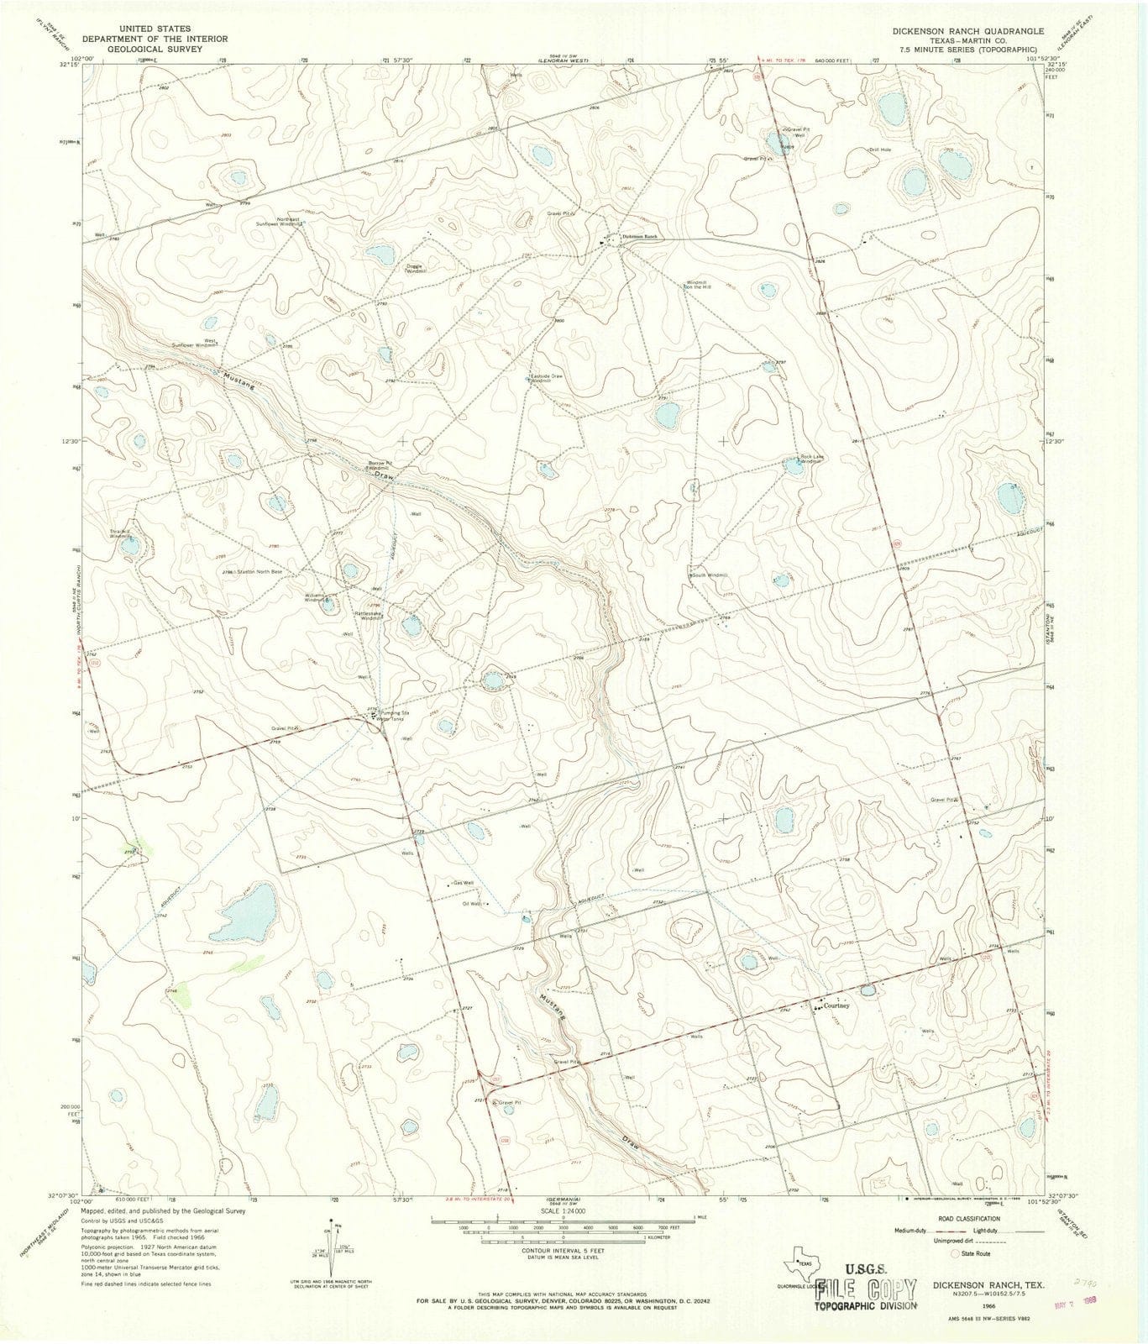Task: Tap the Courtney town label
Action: [837, 1005]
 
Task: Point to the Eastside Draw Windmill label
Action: [546, 378]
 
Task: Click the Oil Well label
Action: [473, 904]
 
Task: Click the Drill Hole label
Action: [880, 150]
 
